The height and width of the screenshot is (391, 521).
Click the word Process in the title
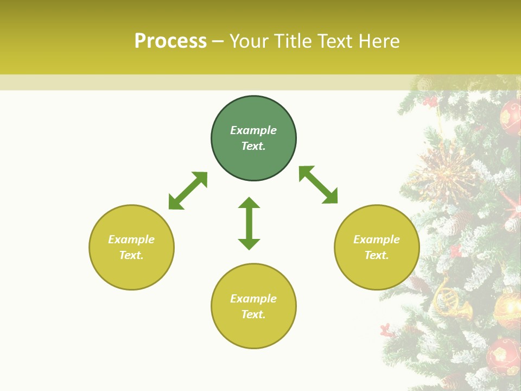[x=170, y=41]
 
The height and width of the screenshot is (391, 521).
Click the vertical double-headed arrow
[x=249, y=223]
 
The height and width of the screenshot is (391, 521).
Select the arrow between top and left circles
[x=188, y=191]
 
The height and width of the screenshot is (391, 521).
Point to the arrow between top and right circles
[x=318, y=185]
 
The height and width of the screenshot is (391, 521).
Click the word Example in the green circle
[x=253, y=130]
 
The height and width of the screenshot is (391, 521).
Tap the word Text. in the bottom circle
[x=253, y=314]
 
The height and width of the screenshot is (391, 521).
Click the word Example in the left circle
[x=131, y=239]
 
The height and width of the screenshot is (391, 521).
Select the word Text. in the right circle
[x=377, y=255]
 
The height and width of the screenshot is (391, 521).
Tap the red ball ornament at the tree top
[x=510, y=117]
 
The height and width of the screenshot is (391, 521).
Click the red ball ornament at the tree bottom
[x=502, y=356]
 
